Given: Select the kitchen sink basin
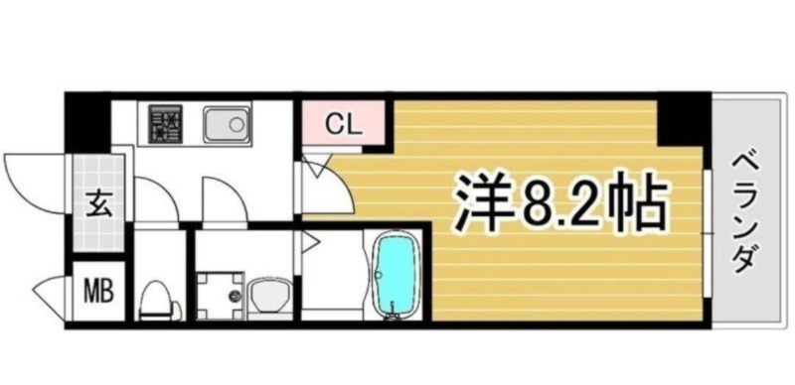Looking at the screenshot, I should [x=228, y=126].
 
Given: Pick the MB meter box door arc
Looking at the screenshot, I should [x=50, y=293].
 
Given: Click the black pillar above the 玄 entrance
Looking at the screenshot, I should [x=88, y=121].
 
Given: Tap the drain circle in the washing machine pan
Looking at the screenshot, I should [x=235, y=297].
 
